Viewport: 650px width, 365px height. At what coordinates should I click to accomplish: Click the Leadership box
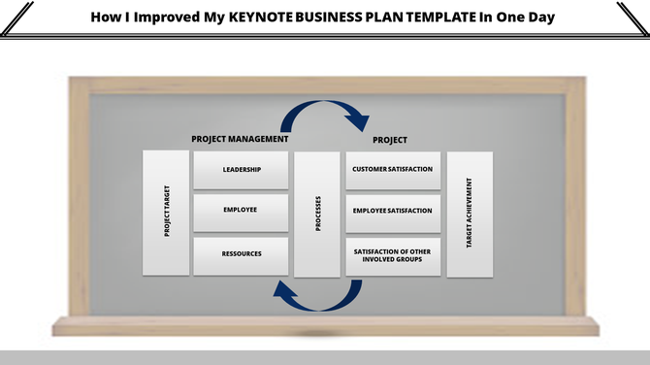242,170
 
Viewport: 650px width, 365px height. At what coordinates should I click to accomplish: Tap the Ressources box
242,254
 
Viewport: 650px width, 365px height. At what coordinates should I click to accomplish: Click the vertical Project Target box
166,213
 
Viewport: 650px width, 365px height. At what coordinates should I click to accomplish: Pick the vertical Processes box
317,214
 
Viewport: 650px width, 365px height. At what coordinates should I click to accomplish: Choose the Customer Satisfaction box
393,170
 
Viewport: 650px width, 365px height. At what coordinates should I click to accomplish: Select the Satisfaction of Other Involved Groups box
393,254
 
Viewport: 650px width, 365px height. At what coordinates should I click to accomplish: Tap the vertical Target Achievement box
470,213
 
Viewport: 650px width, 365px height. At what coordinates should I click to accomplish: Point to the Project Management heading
240,139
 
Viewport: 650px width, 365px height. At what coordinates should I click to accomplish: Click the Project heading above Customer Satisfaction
390,140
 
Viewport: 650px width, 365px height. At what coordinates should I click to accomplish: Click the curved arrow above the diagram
324,113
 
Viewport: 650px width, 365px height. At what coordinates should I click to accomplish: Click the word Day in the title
543,17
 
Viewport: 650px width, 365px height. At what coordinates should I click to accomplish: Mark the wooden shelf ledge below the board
325,327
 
